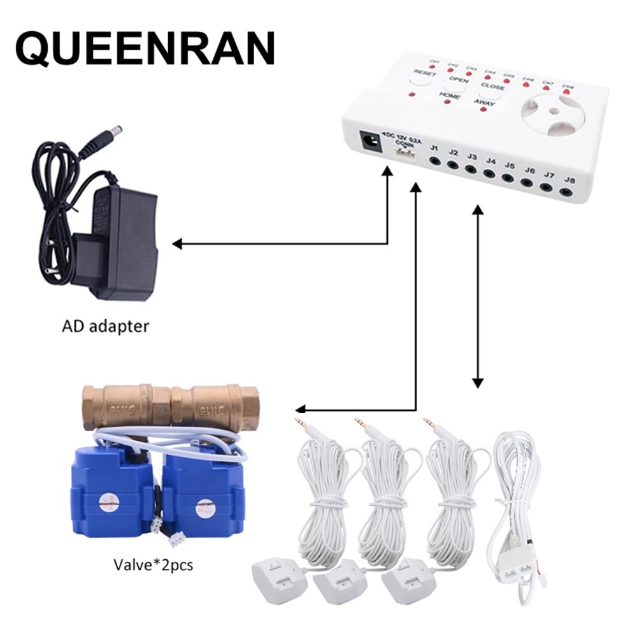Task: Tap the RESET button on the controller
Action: (424, 74)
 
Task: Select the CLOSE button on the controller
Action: (492, 87)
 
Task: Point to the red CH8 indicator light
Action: (567, 92)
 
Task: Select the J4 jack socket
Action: (489, 173)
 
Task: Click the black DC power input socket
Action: (368, 139)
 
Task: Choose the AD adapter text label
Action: (106, 327)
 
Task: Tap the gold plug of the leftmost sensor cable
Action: (298, 423)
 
